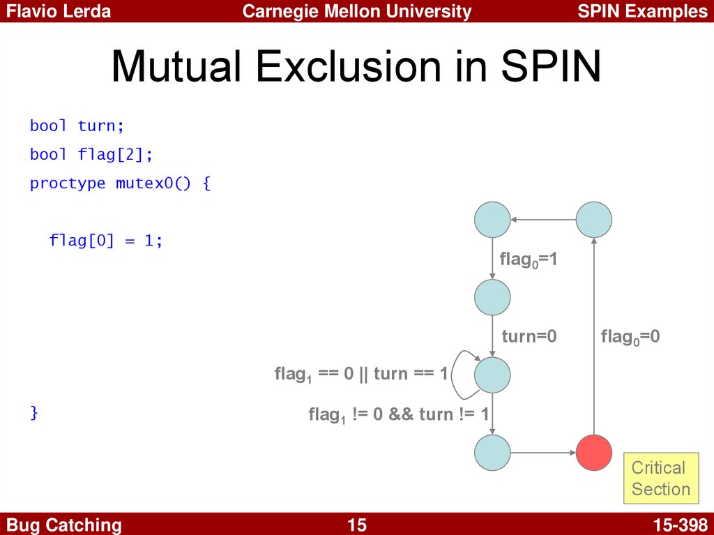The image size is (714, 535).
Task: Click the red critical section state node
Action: [x=594, y=453]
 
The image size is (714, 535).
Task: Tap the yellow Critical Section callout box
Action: [x=661, y=478]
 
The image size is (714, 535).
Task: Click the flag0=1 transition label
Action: [x=529, y=259]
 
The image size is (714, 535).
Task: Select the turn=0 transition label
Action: [x=529, y=336]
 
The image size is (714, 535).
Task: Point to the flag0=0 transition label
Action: [x=630, y=337]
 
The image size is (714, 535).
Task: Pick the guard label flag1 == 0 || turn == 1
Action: [x=361, y=374]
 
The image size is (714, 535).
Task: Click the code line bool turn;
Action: [x=77, y=126]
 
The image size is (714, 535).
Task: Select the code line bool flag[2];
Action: [x=91, y=154]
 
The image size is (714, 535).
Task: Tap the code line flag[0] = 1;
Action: [x=106, y=240]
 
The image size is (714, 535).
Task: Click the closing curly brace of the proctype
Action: [x=33, y=412]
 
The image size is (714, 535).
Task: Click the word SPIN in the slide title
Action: [x=551, y=66]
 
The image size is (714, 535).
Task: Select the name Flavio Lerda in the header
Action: [x=59, y=11]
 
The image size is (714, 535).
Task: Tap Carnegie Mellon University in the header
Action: [x=356, y=11]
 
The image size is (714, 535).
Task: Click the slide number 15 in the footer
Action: [x=356, y=525]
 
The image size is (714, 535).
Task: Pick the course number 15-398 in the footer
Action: [x=681, y=525]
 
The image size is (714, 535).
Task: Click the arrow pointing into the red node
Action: [x=543, y=453]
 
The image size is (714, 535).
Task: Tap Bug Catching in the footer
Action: [x=63, y=525]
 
